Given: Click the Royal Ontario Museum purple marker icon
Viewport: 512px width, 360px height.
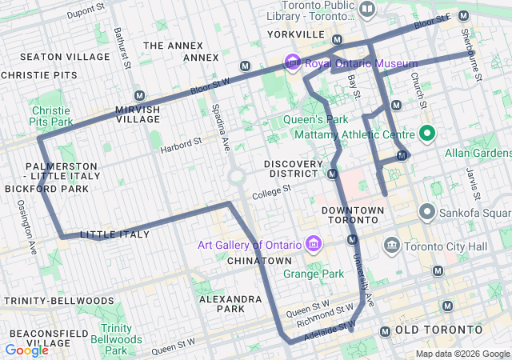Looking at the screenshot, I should (x=293, y=62).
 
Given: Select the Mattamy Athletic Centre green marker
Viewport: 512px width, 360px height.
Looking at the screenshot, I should (x=427, y=133).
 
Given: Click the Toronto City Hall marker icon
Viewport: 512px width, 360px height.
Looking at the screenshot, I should (x=392, y=244).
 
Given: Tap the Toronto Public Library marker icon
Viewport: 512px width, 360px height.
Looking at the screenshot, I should (x=367, y=10).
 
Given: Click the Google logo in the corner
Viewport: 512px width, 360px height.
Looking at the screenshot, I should (x=26, y=350).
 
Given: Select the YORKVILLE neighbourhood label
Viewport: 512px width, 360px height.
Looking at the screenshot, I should (x=295, y=35).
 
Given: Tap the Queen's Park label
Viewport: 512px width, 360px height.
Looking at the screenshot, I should (x=310, y=120).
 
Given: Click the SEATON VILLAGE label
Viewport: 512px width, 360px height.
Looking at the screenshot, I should (x=65, y=57).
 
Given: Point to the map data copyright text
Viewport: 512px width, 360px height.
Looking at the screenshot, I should (x=462, y=354).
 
